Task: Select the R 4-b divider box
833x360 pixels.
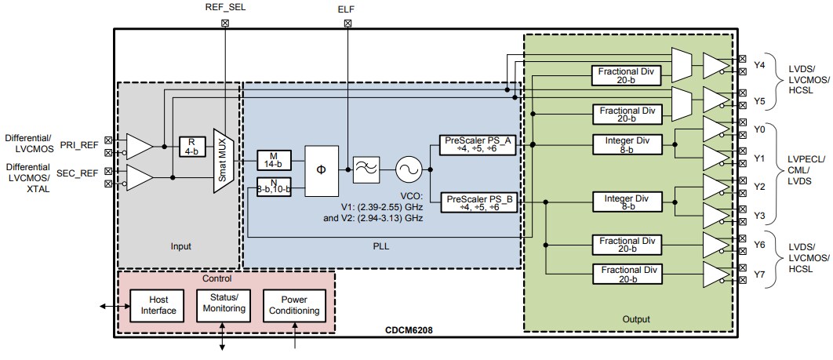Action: pyautogui.click(x=191, y=146)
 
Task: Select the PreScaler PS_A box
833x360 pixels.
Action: pyautogui.click(x=479, y=145)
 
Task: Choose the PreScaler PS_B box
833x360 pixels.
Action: pyautogui.click(x=479, y=203)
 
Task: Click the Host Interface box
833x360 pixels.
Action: pyautogui.click(x=154, y=305)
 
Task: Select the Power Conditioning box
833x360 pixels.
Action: pyautogui.click(x=293, y=304)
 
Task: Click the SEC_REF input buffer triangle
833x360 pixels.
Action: pyautogui.click(x=139, y=178)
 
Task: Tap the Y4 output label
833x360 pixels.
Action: pyautogui.click(x=759, y=65)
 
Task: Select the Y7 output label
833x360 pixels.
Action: pyautogui.click(x=759, y=275)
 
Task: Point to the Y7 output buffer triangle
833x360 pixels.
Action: pyautogui.click(x=715, y=275)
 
